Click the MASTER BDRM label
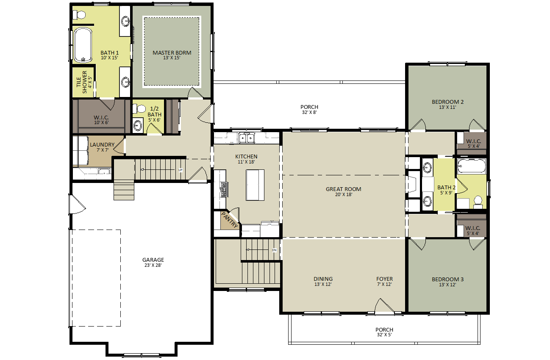(x=172, y=53)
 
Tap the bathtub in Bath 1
(x=83, y=45)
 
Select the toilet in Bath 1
(x=79, y=15)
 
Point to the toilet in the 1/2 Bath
(x=138, y=109)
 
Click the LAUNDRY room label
(x=102, y=145)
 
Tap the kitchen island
(x=255, y=185)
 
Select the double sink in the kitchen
(x=246, y=138)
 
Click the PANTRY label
(x=230, y=220)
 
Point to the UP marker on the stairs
(x=180, y=170)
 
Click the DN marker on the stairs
(x=274, y=250)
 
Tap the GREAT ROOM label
(x=343, y=189)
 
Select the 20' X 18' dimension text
(x=343, y=195)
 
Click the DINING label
(x=323, y=279)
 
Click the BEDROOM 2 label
(x=447, y=102)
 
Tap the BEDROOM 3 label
(x=447, y=280)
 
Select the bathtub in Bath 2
(x=471, y=166)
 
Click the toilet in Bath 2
(x=478, y=202)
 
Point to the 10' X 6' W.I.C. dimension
(x=101, y=122)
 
